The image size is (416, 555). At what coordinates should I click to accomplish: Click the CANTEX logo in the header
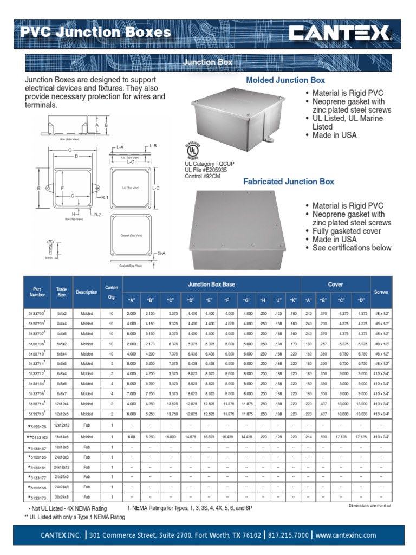coord(340,34)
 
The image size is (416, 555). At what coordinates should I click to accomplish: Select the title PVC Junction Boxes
coord(95,33)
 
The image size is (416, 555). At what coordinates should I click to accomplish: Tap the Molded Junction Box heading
coord(285,80)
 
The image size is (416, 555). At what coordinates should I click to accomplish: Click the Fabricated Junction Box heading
coord(289,182)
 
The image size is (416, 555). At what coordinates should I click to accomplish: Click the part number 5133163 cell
coord(37,436)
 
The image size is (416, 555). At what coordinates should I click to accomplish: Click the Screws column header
coord(381,292)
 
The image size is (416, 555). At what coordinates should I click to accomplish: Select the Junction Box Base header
coord(211,284)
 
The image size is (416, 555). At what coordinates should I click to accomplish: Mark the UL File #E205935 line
coord(206,170)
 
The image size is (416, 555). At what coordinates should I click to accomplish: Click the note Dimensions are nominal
coord(370,505)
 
